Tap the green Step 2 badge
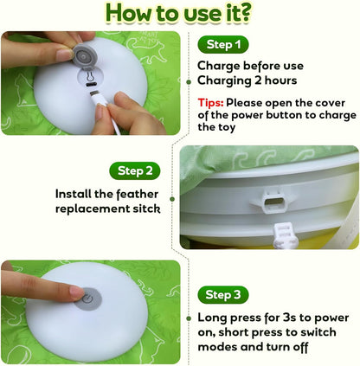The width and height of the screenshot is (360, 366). click(x=135, y=170)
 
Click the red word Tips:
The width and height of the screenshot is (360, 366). click(x=211, y=101)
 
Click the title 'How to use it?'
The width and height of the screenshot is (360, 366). click(x=179, y=13)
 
